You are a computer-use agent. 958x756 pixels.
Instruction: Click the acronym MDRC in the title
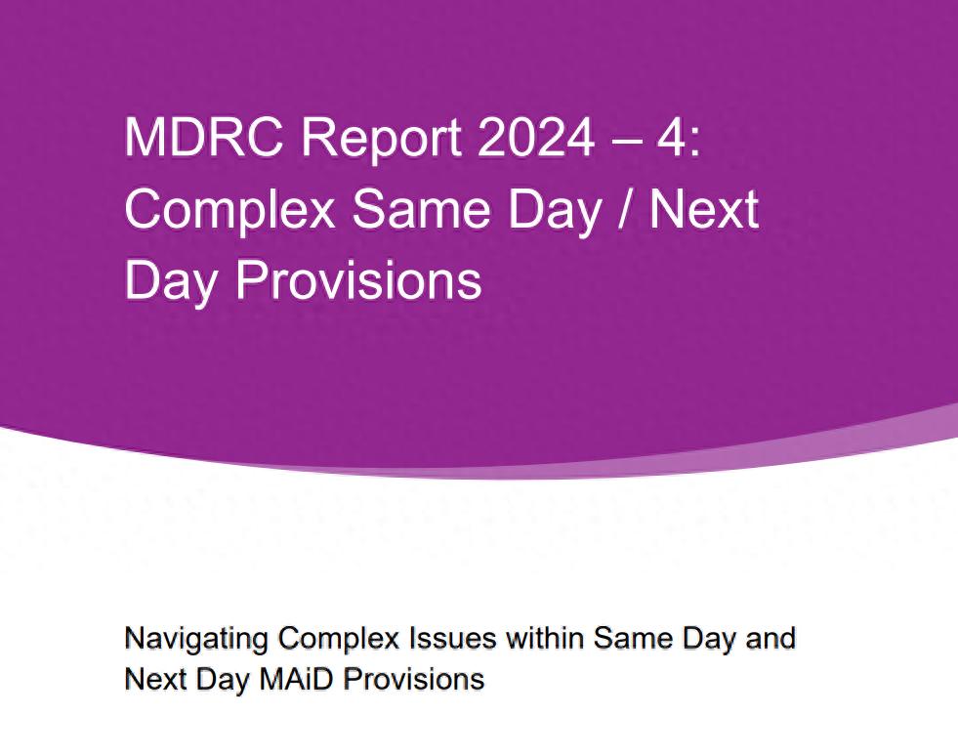point(204,137)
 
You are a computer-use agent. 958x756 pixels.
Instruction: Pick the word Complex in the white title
point(229,210)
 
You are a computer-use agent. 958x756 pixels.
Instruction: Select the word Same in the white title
point(422,209)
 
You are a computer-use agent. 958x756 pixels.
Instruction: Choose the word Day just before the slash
point(555,210)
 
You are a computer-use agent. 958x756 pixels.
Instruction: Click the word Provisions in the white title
point(358,280)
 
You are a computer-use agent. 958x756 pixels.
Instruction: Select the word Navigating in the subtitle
point(196,639)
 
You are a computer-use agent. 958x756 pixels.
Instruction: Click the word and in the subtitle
point(771,638)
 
